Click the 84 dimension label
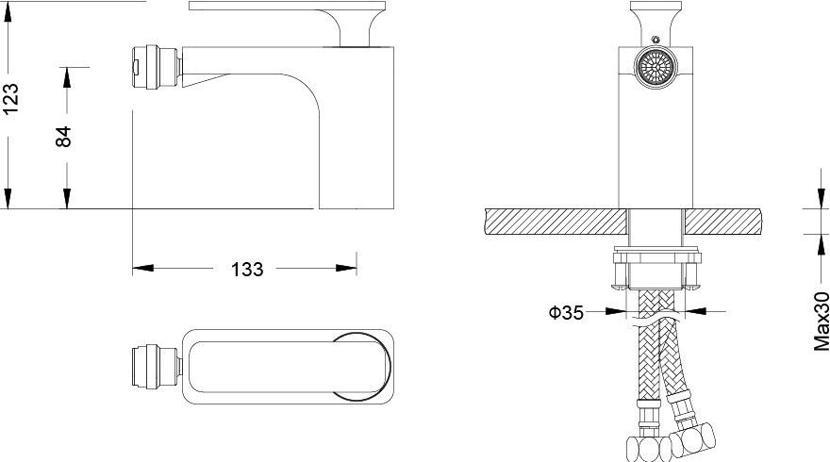pos(64,137)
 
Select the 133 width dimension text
pos(247,270)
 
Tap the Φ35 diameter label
pos(566,313)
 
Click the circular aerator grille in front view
pos(656,67)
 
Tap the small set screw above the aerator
pos(656,40)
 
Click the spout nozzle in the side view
pos(157,67)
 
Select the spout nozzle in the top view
pos(157,366)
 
